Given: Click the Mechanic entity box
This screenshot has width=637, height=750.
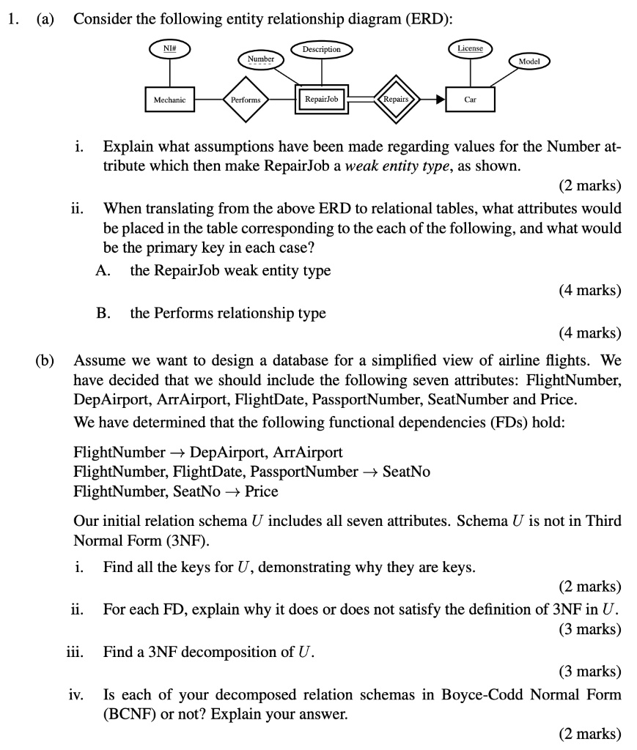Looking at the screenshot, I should (x=169, y=98).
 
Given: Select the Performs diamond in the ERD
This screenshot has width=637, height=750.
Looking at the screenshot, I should (x=246, y=98).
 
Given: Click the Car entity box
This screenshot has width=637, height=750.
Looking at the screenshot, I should (x=471, y=98).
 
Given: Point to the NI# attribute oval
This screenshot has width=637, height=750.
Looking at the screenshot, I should (x=169, y=49).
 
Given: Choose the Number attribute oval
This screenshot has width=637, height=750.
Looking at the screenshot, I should (x=260, y=59).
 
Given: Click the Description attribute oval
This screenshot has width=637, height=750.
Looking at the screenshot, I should (x=321, y=49).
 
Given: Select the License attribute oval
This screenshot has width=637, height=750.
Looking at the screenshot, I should (x=470, y=48).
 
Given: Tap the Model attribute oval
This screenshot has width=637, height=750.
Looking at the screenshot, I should (x=529, y=62).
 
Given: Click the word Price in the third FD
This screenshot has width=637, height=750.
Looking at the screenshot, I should (x=262, y=491).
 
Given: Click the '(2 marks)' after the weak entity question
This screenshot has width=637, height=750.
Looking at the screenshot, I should (x=589, y=184).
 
